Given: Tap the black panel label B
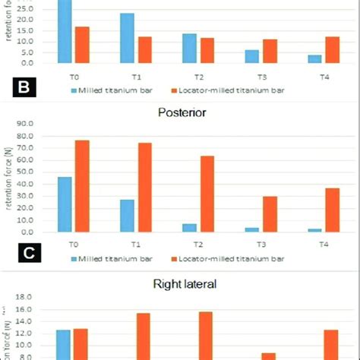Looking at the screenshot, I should [24, 87].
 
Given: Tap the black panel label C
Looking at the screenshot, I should [24, 254].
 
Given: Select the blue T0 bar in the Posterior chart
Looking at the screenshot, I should [65, 204].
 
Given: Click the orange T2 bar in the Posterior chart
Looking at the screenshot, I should [207, 194].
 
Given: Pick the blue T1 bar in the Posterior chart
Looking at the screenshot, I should [128, 216].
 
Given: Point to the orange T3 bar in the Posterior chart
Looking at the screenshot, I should [270, 214].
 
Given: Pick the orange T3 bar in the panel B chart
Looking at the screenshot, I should [270, 51].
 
